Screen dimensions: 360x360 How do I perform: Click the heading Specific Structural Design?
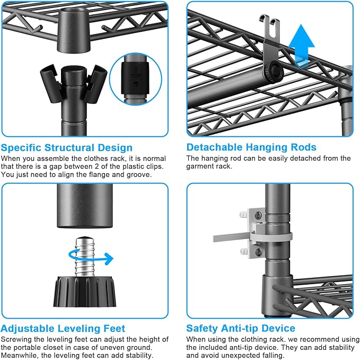coord(67,147)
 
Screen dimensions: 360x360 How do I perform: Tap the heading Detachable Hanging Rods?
coord(251,147)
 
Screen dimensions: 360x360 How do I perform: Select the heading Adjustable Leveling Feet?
coord(63,329)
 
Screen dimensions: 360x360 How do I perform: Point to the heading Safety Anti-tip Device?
coord(241,328)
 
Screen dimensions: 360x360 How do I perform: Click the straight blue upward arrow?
coord(302,44)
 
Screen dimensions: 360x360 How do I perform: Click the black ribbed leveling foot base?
coord(85,292)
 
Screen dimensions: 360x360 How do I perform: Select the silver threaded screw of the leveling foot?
coord(85,256)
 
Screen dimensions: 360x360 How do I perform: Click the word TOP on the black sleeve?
coord(136,76)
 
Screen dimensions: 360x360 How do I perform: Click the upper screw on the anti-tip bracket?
coord(258,215)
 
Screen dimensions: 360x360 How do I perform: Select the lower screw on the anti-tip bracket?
coord(259,252)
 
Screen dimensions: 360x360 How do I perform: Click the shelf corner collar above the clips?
coord(74,30)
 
